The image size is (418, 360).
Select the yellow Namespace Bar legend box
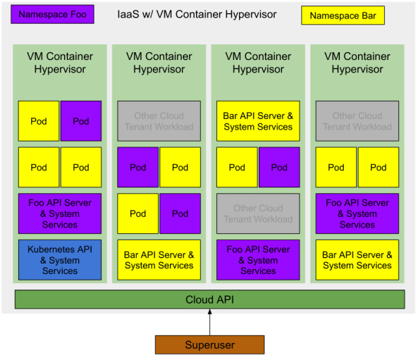coord(343,15)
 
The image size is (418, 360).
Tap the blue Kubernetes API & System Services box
coord(60,260)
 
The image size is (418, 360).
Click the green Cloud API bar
coord(209,299)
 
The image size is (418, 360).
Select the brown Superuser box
coord(209,345)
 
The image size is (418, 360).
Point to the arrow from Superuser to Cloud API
coord(209,323)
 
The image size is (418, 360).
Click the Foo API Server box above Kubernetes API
coord(60,213)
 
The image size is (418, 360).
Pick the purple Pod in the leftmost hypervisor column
coord(81,121)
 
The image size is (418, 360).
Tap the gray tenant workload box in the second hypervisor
coord(159,121)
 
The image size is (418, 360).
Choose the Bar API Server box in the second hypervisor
coord(159,260)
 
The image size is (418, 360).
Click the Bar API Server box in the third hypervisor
coord(258,121)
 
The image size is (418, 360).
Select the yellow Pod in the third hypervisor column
coord(237,168)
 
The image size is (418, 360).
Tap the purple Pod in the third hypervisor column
coord(279,168)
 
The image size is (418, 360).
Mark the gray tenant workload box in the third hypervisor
coord(258,213)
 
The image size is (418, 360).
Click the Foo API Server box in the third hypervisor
coord(258,260)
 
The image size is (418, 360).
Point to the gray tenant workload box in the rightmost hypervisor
coord(357,121)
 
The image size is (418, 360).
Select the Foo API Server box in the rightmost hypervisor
coord(357,213)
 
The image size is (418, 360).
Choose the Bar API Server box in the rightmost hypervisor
coord(357,260)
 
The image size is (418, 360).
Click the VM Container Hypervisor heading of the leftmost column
coord(60,63)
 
